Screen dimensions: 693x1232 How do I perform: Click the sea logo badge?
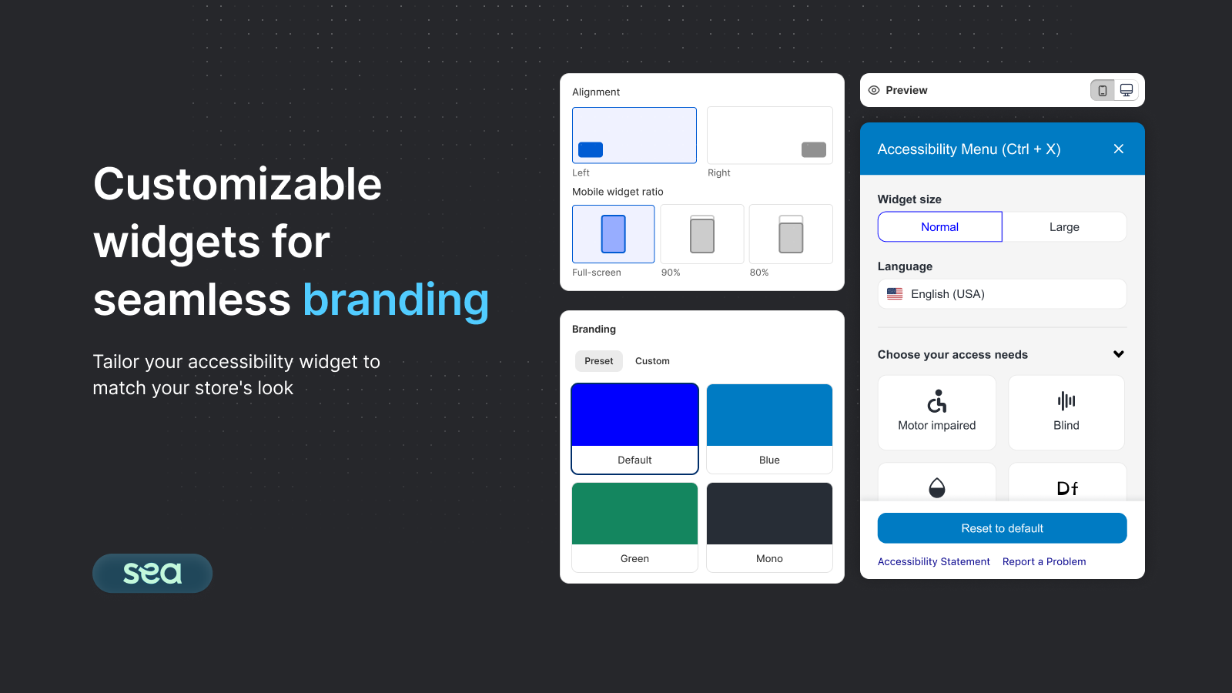pos(152,573)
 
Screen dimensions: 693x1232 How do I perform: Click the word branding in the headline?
pos(396,300)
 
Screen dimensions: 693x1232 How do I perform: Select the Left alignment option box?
pos(634,136)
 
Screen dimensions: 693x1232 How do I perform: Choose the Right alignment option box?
pos(769,136)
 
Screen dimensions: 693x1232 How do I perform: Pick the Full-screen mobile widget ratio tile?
pos(613,234)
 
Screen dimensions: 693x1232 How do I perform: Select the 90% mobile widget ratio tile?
pos(701,234)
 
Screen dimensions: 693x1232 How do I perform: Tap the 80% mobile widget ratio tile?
pos(791,234)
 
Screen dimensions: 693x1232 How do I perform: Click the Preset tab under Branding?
pos(598,361)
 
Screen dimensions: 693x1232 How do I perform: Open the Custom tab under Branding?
pos(652,361)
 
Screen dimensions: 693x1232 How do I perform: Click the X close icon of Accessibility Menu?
pos(1119,149)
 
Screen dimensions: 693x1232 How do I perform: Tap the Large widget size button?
pos(1064,227)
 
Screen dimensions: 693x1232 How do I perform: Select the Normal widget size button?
pos(939,227)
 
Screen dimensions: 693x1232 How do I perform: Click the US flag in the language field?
pos(895,294)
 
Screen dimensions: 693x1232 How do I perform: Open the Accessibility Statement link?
pos(933,562)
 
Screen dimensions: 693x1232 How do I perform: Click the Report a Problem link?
pos(1044,562)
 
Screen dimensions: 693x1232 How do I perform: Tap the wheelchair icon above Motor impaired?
pos(937,401)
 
